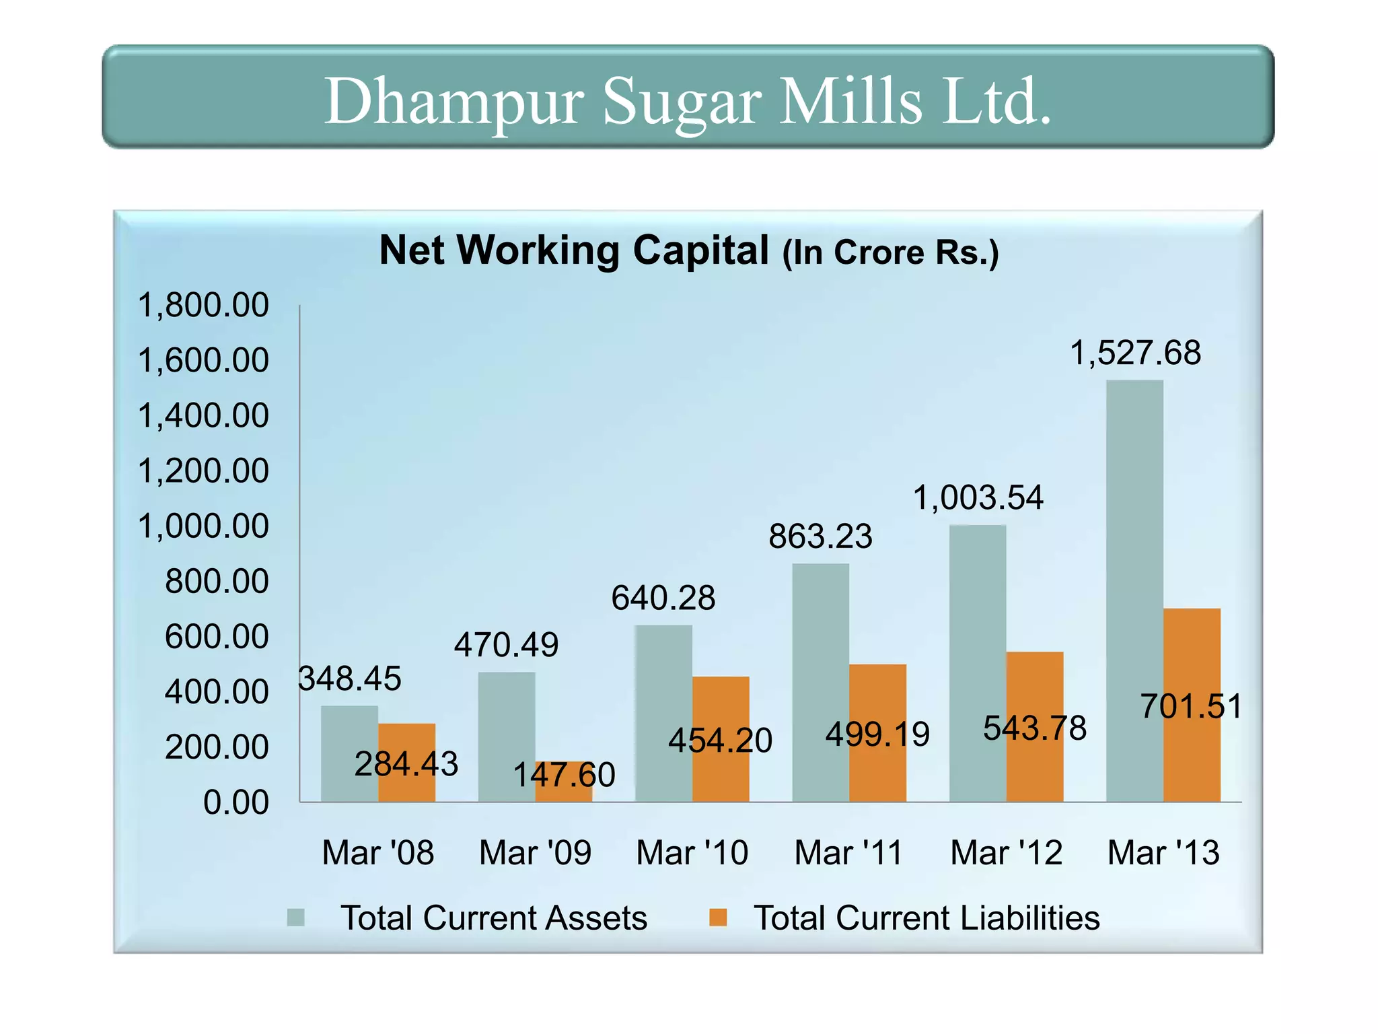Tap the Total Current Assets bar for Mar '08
(349, 754)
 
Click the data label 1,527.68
(1135, 353)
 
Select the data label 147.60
(564, 775)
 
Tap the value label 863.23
(820, 537)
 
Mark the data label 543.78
(1035, 728)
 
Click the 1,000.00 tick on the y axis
(203, 526)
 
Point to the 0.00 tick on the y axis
(235, 802)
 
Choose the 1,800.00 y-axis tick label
(203, 306)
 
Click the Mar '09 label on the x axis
(535, 853)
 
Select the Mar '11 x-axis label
(848, 853)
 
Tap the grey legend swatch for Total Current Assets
(295, 918)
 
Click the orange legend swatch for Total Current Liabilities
(718, 918)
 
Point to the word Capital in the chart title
(700, 250)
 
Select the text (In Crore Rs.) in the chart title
(890, 253)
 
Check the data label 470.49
(506, 645)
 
